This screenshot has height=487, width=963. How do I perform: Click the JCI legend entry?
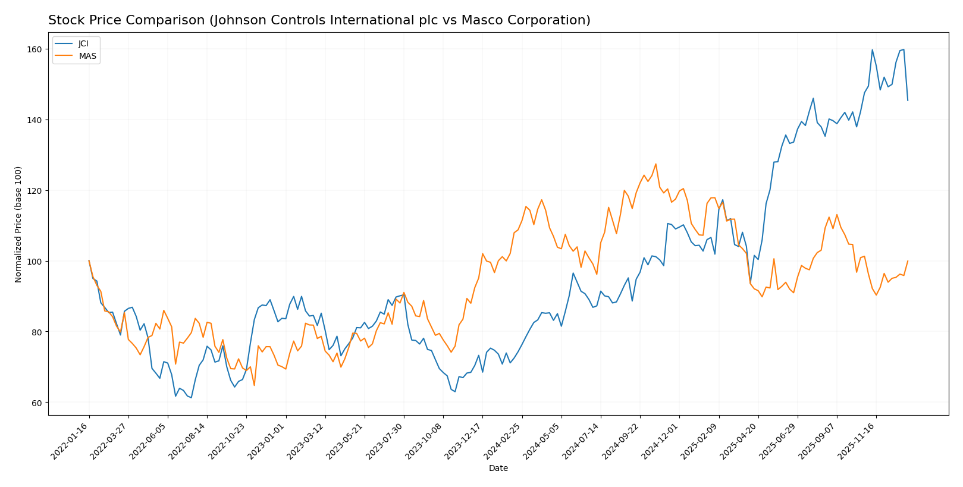pos(83,44)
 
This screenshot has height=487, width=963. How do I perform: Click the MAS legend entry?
pos(86,56)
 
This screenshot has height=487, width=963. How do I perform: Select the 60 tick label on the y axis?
pos(37,403)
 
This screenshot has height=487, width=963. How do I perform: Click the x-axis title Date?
pos(498,469)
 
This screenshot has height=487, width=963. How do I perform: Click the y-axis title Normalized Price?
pos(18,224)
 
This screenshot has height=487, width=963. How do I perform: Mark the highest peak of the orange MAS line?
pos(655,164)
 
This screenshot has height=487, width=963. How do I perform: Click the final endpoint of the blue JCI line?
pos(908,100)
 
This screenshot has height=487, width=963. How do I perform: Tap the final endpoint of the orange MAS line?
pos(908,260)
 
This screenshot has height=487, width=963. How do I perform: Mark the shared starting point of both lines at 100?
pos(89,260)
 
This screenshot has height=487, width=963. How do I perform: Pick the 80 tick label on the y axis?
pos(37,332)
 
